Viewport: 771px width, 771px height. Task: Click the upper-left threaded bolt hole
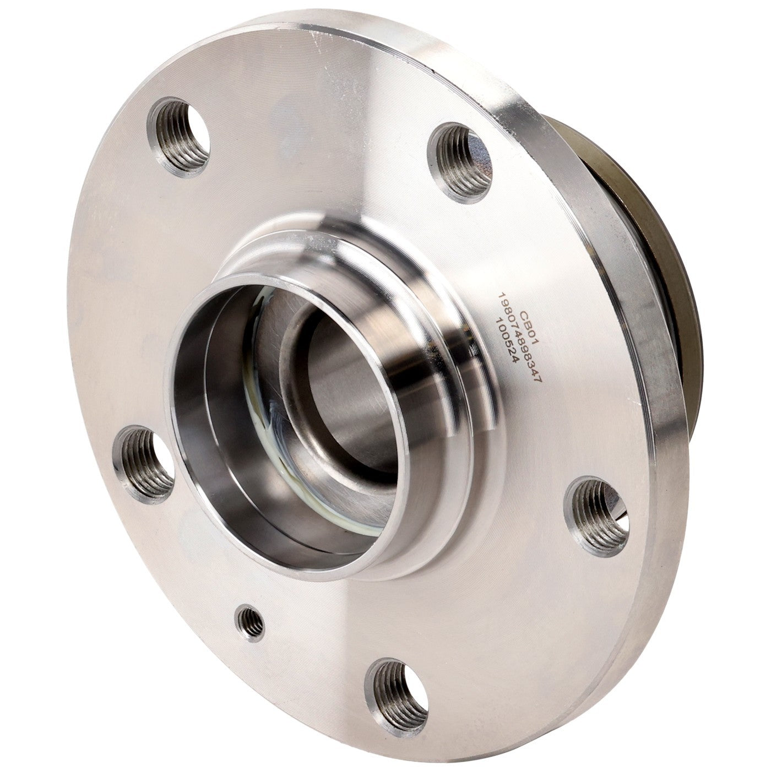pyautogui.click(x=179, y=136)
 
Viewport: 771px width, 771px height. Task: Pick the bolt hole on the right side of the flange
pyautogui.click(x=596, y=515)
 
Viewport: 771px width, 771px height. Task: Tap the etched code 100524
pyautogui.click(x=507, y=340)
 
